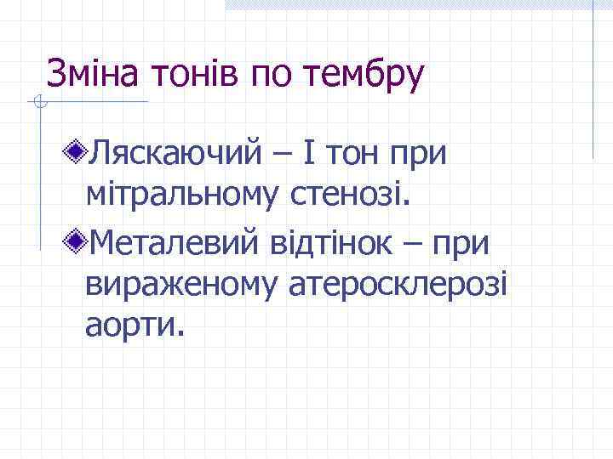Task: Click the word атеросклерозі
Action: (x=394, y=286)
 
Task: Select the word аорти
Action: (x=134, y=326)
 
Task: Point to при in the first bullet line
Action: (x=419, y=155)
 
